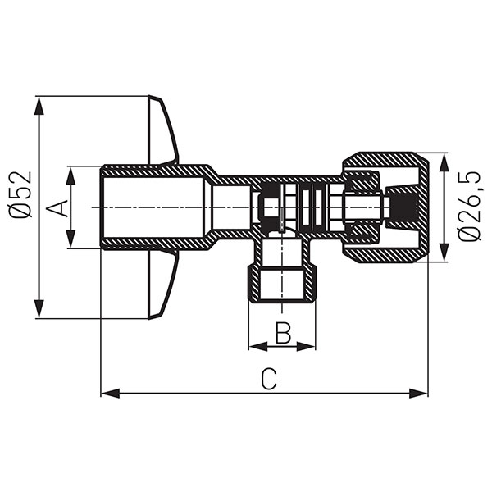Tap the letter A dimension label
[57, 207]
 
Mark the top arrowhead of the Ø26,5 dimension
[446, 158]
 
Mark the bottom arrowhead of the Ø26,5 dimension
[446, 256]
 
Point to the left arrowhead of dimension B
[253, 346]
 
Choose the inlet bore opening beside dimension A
[102, 207]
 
